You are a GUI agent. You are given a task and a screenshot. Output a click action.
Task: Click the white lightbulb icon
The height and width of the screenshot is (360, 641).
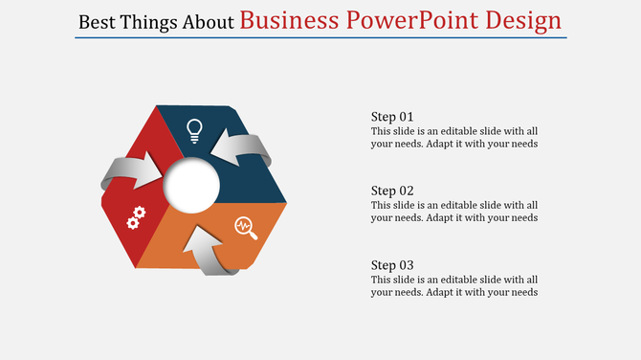click(x=194, y=129)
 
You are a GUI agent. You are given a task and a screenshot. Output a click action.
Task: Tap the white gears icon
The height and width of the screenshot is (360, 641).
click(x=137, y=216)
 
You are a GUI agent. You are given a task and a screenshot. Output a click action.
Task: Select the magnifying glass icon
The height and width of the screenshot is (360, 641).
click(x=246, y=227)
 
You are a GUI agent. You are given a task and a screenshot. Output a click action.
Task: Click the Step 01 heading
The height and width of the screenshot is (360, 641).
click(x=392, y=117)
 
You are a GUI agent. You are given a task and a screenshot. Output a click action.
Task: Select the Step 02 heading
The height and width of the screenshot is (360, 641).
click(x=392, y=191)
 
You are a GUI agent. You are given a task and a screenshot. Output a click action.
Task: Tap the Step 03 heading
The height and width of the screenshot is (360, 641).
click(x=392, y=264)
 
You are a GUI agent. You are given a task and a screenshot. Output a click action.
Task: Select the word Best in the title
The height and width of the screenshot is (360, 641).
click(x=96, y=21)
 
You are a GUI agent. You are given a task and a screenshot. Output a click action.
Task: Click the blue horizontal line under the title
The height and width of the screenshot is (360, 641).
click(x=320, y=37)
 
